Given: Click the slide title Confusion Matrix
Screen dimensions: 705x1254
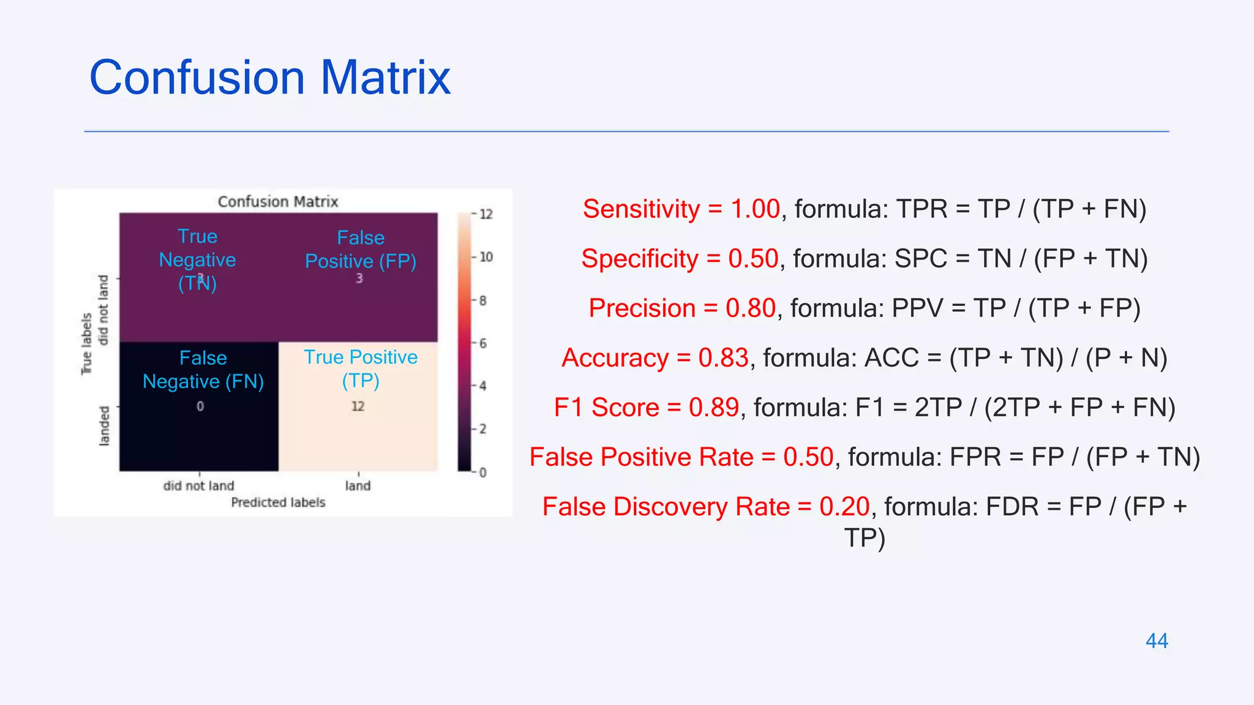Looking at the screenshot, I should [x=270, y=78].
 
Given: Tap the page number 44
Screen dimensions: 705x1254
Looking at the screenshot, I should [x=1157, y=641].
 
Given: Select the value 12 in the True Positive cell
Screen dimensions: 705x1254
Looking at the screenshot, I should [x=358, y=406].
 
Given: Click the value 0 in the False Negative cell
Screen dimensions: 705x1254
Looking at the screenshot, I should [x=200, y=406].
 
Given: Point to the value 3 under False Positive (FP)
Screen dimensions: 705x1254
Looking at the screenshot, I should [x=359, y=278].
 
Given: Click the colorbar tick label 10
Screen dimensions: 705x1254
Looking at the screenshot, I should [x=486, y=257].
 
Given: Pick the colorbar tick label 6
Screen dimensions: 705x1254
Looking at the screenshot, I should [x=483, y=343].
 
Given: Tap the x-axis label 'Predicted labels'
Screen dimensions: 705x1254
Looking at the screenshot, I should [x=278, y=502].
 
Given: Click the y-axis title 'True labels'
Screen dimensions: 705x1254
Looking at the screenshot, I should [x=86, y=343].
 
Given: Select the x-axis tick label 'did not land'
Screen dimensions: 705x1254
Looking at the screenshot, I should [x=198, y=486].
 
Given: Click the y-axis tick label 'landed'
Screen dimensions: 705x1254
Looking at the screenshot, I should [x=104, y=426].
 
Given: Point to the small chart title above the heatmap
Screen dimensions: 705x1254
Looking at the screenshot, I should [x=278, y=202].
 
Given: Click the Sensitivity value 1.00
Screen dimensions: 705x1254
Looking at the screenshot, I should [x=756, y=209].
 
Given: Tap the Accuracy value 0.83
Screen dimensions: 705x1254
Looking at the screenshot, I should [x=723, y=358].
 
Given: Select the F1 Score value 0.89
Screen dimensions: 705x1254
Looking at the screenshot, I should [x=714, y=408].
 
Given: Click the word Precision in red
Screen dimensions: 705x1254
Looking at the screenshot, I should [x=642, y=308].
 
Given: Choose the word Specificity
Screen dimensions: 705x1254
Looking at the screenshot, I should [x=640, y=259].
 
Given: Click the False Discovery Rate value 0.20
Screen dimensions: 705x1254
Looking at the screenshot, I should [x=844, y=507].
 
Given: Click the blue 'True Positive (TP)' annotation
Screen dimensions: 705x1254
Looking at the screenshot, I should [x=361, y=368].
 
